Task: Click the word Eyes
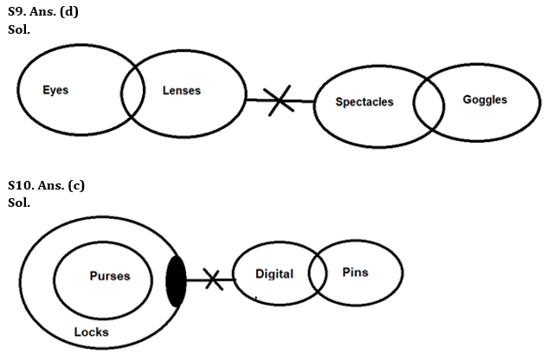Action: tap(55, 90)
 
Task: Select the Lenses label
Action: tap(181, 90)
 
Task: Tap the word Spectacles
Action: tap(364, 102)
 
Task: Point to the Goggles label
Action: tap(485, 100)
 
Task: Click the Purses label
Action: tap(110, 276)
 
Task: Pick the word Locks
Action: tap(91, 332)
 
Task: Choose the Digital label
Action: tap(274, 274)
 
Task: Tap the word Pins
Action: tap(355, 273)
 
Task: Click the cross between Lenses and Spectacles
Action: tap(279, 101)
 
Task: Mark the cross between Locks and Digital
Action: tap(212, 280)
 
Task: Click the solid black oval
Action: tap(176, 280)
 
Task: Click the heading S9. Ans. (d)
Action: tap(43, 10)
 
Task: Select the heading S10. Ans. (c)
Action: tap(46, 185)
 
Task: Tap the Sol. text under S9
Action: tap(18, 27)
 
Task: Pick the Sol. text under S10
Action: tap(18, 202)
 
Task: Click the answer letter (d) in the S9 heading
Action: tap(75, 10)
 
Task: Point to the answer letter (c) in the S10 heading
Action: tap(79, 185)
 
